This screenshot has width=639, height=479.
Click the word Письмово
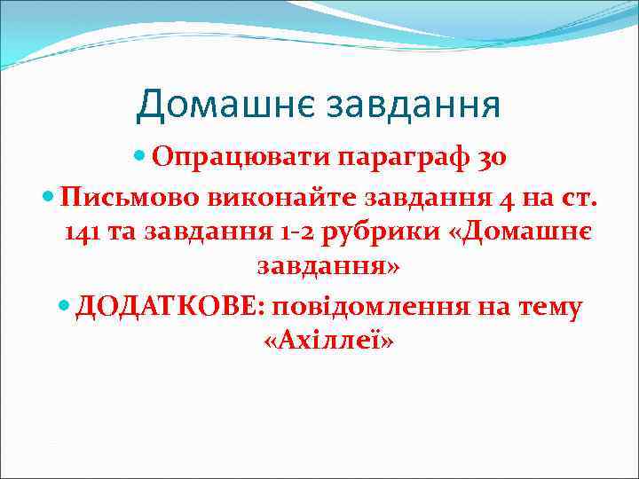point(120,197)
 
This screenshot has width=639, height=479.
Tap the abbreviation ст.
point(583,197)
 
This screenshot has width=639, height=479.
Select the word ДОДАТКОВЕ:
point(174,306)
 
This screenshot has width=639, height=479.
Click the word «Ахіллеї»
point(328,341)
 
